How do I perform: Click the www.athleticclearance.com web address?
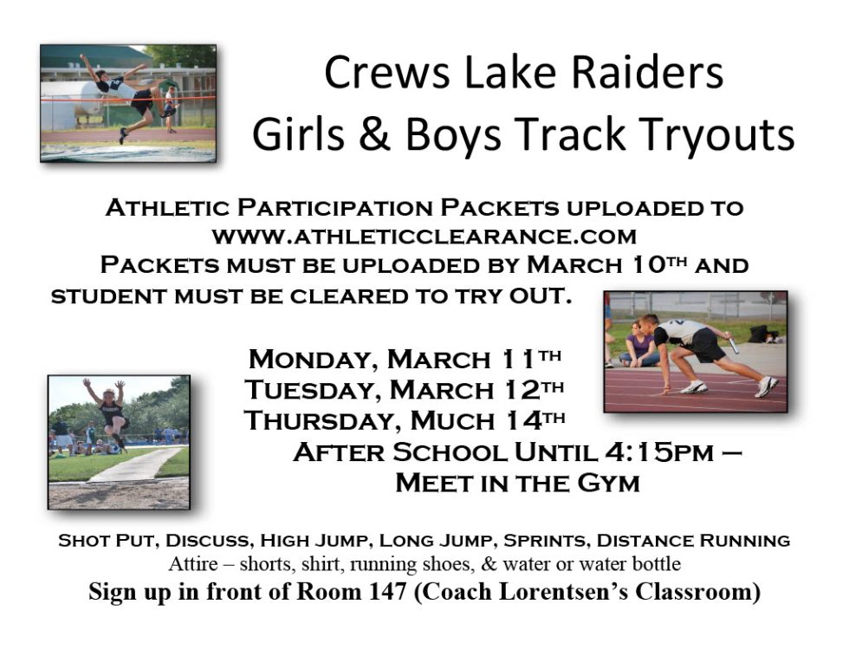tap(424, 235)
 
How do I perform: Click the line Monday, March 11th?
tap(406, 358)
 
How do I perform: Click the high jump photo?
tap(128, 102)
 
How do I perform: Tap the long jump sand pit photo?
tap(119, 442)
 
